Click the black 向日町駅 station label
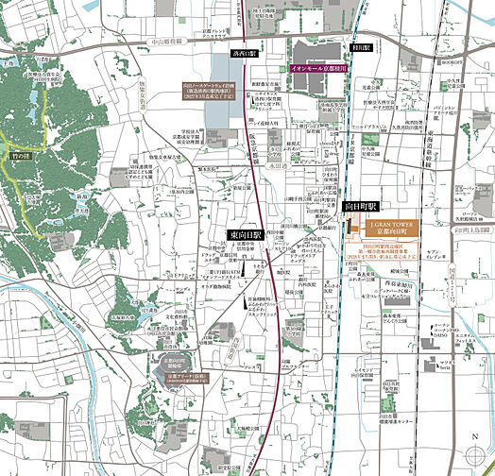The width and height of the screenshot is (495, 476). pos(359,206)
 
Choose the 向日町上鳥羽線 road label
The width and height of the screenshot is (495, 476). pos(470,229)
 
